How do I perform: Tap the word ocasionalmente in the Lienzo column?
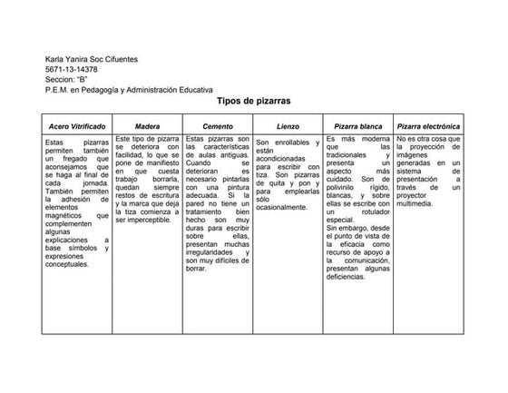pyautogui.click(x=283, y=207)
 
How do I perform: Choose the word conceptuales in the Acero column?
pyautogui.click(x=68, y=265)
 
